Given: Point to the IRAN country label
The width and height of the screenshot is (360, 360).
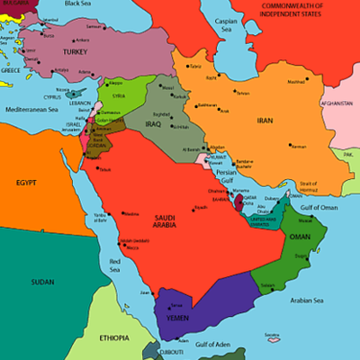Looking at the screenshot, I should pyautogui.click(x=264, y=121).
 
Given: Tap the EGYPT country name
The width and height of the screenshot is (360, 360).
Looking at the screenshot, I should pyautogui.click(x=26, y=183).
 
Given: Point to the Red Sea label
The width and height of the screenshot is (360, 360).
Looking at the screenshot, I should pyautogui.click(x=114, y=265).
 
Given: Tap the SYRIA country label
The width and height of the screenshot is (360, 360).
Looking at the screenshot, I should pyautogui.click(x=117, y=96).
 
